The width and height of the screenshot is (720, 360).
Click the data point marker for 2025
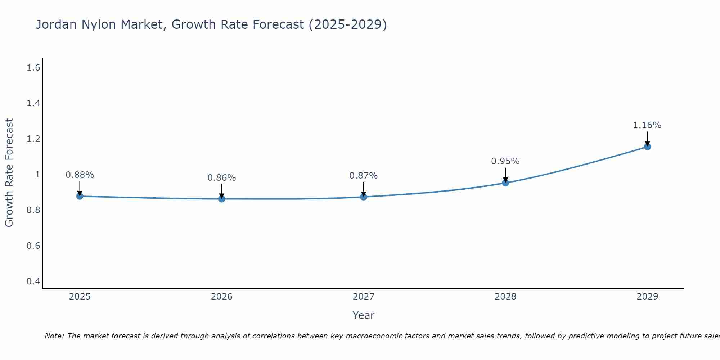(x=80, y=196)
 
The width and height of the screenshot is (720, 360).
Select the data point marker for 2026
(x=221, y=199)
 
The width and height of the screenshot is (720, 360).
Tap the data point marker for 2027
(x=363, y=197)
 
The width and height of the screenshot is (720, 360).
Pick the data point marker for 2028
(x=505, y=183)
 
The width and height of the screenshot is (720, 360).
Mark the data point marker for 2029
(x=647, y=147)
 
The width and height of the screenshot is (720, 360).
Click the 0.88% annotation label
(x=80, y=175)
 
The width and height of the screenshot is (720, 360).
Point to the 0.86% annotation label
(x=221, y=178)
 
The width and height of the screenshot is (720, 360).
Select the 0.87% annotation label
(x=363, y=176)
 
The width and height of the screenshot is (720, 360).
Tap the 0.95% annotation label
(x=505, y=161)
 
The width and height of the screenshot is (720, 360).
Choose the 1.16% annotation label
(x=647, y=125)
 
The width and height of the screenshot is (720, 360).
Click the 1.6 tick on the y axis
(x=33, y=68)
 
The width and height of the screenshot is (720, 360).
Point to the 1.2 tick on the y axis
(x=33, y=139)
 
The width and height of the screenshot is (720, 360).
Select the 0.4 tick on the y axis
(x=33, y=281)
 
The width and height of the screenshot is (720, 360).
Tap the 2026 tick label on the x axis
(x=221, y=297)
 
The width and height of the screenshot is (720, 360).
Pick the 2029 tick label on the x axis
(x=647, y=297)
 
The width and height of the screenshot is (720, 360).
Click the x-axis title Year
(x=363, y=315)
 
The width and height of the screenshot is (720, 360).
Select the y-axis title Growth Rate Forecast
(x=9, y=173)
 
